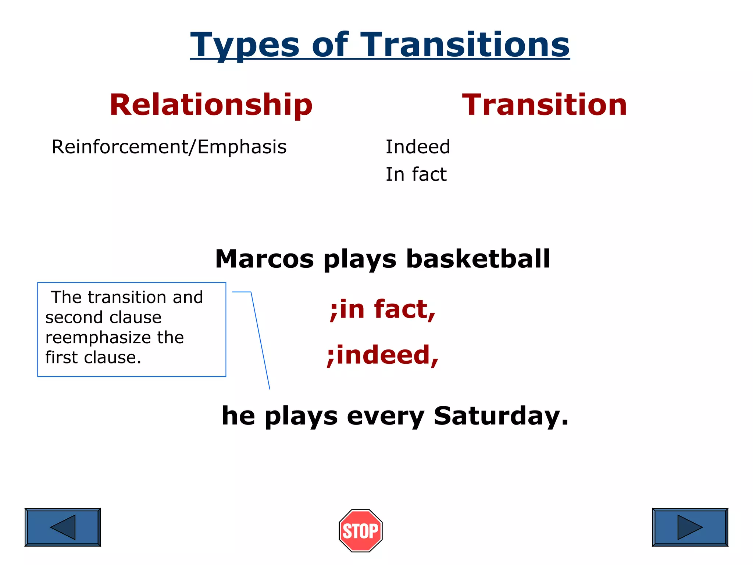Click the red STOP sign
[x=361, y=530]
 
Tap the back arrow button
[x=63, y=527]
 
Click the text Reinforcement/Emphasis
[x=169, y=147]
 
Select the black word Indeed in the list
[x=418, y=147]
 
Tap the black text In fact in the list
[x=416, y=174]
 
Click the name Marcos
[x=264, y=259]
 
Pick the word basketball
[x=478, y=259]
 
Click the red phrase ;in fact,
[x=382, y=309]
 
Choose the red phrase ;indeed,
[x=382, y=355]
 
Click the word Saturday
[x=501, y=416]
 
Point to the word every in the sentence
[x=385, y=416]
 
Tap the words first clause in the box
[x=93, y=358]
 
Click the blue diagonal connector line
[x=260, y=340]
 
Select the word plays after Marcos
[x=360, y=260]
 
